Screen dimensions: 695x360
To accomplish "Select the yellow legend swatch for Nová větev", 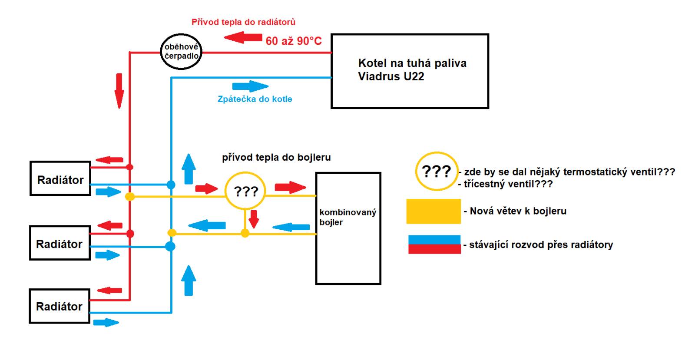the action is coord(434,211).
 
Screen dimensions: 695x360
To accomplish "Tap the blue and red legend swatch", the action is coord(434,244).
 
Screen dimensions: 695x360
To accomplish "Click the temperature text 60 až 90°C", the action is coord(294,41).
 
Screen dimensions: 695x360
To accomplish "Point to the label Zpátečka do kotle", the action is coord(255,99).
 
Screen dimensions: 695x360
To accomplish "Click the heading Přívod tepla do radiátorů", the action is coord(243,22).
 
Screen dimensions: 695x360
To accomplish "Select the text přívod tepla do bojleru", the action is coord(276,157).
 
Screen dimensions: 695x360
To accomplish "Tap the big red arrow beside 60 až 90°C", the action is coord(243,37).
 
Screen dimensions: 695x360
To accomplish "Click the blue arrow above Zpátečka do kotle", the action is coord(250,86).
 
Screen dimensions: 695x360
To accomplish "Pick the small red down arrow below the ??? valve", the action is coord(254,219).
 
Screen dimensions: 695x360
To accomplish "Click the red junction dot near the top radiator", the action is coord(130,167).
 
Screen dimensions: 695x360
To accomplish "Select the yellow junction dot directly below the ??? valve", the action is coord(245,233).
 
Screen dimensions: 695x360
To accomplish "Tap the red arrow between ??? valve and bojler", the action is coord(291,187).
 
